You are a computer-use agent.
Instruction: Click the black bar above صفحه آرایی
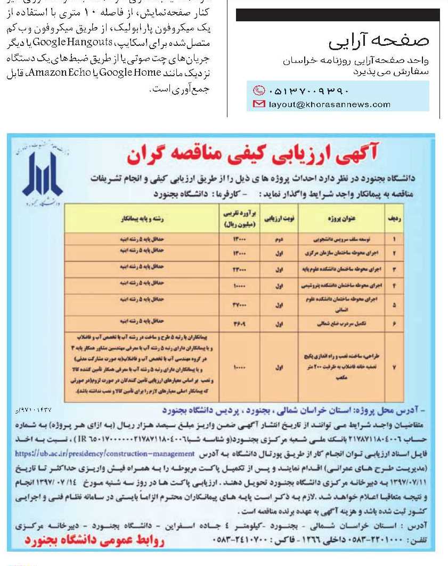pos(337,15)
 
